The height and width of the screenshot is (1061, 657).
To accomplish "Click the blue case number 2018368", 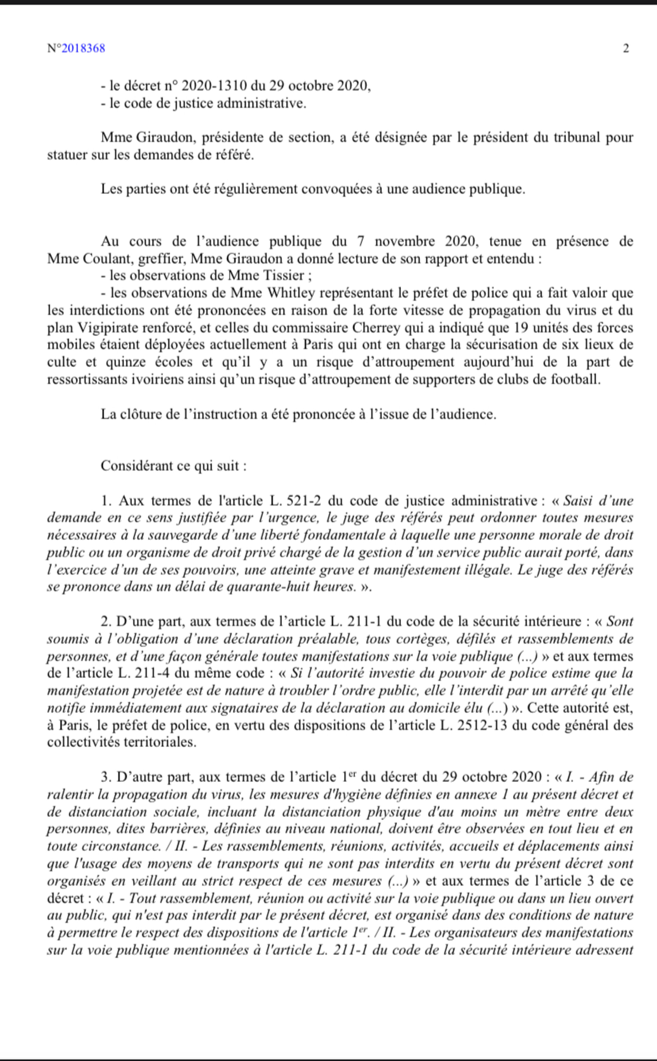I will point(83,48).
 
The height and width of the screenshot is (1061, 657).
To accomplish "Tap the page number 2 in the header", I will point(626,48).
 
